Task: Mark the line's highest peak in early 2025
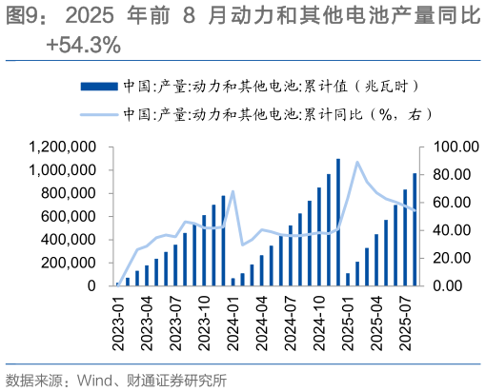tap(357, 162)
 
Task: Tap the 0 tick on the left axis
tap(91, 285)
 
